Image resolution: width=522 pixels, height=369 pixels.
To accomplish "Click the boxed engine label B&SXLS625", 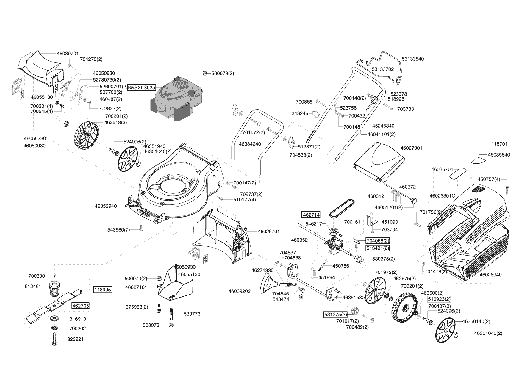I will click(x=142, y=88).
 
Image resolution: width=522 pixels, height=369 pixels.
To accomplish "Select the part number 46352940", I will click(x=106, y=206).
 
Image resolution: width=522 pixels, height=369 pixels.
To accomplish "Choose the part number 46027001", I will click(x=411, y=148).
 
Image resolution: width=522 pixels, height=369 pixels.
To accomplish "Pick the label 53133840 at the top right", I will click(x=413, y=59).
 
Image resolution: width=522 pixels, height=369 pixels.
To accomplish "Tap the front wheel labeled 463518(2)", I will click(x=86, y=135).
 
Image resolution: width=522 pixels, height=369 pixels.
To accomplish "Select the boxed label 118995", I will click(x=103, y=290).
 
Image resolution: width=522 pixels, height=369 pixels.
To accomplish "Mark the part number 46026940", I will click(x=490, y=275).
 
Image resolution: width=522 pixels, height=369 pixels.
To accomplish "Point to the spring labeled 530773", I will click(x=171, y=314).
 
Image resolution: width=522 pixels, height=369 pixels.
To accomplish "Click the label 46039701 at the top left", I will click(x=68, y=54).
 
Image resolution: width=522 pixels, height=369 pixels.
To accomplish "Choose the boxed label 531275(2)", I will click(x=335, y=315).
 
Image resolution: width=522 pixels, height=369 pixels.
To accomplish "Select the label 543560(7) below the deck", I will click(x=118, y=230).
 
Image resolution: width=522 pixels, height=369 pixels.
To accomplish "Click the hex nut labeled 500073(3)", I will click(x=205, y=73).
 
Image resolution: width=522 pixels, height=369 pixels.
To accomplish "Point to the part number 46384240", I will click(x=250, y=144).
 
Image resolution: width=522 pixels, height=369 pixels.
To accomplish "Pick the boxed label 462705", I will click(x=80, y=306).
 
